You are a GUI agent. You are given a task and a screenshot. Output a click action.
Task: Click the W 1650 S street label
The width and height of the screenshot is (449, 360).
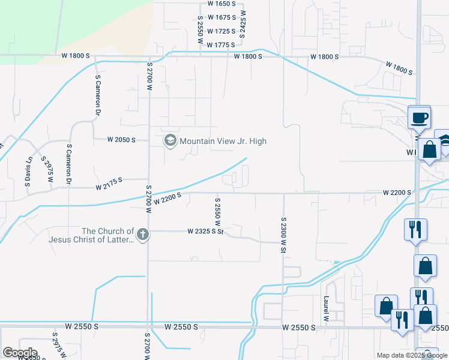point(221,3)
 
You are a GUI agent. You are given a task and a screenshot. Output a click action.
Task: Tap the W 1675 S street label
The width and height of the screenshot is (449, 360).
point(221,17)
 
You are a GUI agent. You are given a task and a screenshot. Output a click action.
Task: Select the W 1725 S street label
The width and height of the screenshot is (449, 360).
point(221,31)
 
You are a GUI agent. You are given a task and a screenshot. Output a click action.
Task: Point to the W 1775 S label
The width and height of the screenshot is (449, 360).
point(221,45)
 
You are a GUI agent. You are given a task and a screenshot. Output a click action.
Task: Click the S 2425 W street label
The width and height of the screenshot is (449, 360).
point(243,24)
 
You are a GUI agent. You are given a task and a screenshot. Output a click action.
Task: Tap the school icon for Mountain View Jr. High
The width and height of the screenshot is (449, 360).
point(170,141)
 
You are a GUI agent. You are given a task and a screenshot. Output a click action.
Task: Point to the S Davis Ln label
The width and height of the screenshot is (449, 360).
point(28,172)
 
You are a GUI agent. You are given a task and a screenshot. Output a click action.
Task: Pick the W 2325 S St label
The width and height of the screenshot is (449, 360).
point(205,231)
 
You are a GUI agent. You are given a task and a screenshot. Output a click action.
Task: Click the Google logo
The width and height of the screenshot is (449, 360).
point(19,353)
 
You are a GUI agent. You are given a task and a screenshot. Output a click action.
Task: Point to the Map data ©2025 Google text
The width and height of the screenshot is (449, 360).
point(411,355)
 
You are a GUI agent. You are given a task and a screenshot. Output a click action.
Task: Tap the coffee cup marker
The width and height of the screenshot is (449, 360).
point(419,117)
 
